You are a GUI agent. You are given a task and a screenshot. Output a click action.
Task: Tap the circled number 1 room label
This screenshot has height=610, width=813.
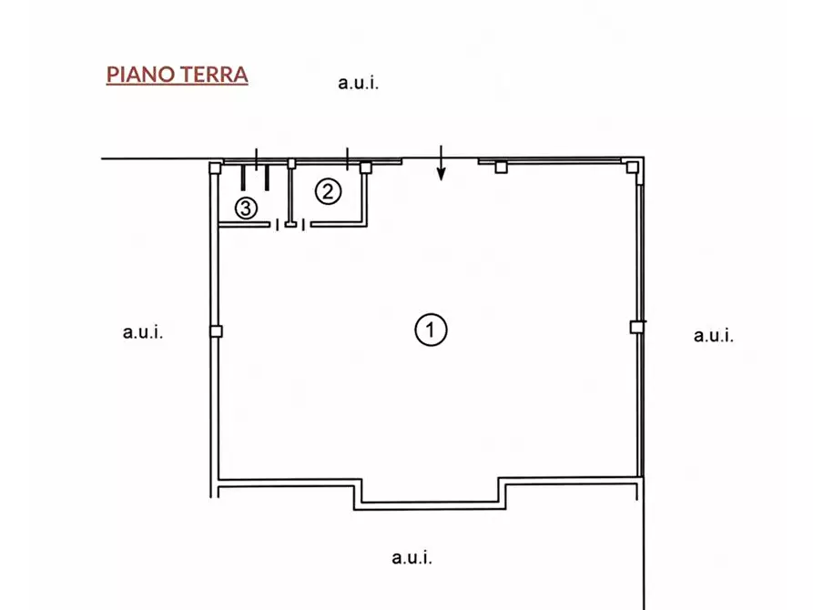pyautogui.click(x=431, y=330)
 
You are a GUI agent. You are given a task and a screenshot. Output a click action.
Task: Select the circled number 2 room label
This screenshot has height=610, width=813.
pyautogui.click(x=329, y=191)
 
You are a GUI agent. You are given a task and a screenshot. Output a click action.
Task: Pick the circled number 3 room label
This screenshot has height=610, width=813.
pyautogui.click(x=246, y=208)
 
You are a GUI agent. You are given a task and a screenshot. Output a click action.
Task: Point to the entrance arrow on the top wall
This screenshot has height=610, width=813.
pyautogui.click(x=441, y=163)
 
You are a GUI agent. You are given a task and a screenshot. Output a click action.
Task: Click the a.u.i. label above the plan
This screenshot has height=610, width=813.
pyautogui.click(x=359, y=83)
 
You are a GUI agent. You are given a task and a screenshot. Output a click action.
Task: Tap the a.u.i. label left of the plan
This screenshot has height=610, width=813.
pyautogui.click(x=143, y=332)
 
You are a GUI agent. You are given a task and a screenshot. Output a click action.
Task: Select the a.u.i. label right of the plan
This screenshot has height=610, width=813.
pyautogui.click(x=714, y=335)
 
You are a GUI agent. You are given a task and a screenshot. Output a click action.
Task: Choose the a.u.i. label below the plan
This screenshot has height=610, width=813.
pyautogui.click(x=412, y=557)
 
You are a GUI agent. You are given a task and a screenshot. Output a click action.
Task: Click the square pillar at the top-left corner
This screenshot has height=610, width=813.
pyautogui.click(x=215, y=168)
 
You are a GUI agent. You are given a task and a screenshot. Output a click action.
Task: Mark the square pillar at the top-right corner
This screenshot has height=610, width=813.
pyautogui.click(x=632, y=167)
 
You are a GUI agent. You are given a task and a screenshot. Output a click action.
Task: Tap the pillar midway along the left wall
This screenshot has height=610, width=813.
pyautogui.click(x=216, y=330)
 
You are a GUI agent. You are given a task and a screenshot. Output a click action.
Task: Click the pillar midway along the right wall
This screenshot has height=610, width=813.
pyautogui.click(x=636, y=327)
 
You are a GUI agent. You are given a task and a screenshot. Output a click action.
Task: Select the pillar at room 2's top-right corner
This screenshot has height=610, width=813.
pyautogui.click(x=366, y=168)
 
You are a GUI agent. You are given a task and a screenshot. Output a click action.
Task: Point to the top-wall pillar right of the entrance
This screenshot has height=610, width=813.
pyautogui.click(x=501, y=167)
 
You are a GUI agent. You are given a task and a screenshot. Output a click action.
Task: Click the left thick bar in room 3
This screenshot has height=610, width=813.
pyautogui.click(x=243, y=178)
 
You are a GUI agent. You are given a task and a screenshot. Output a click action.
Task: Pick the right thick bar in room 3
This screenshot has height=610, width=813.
pyautogui.click(x=267, y=178)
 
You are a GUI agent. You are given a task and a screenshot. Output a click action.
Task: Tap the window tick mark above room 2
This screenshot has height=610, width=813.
pyautogui.click(x=348, y=158)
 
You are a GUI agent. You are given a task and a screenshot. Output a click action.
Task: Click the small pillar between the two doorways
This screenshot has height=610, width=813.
pyautogui.click(x=291, y=225)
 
